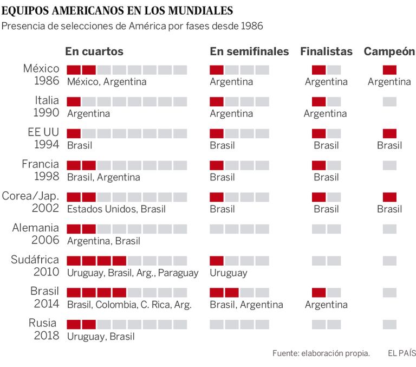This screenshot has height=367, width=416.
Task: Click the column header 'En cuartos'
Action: pos(94,51)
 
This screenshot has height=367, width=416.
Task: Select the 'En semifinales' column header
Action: pos(249,51)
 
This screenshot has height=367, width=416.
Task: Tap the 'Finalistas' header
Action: pos(326,51)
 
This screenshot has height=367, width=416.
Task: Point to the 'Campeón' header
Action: pos(389,51)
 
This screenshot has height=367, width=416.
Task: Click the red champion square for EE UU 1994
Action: pos(389,133)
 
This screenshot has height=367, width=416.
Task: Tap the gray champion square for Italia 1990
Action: pos(389,101)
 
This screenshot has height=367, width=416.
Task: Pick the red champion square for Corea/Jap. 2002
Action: pos(389,197)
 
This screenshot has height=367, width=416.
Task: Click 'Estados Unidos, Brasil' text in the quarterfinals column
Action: pos(116,209)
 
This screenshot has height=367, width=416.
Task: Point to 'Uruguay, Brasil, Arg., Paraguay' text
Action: pos(133,273)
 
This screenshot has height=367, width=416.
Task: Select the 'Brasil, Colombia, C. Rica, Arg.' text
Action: pos(129,305)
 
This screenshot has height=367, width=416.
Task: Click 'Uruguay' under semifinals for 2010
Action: pos(229,273)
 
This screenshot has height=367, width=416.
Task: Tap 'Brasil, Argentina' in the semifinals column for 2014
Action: pos(246,305)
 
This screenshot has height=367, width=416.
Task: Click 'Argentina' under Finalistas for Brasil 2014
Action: pos(326,305)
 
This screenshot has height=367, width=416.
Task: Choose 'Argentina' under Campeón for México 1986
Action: pos(389,82)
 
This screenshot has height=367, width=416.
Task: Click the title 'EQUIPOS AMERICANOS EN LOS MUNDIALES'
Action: pos(119,10)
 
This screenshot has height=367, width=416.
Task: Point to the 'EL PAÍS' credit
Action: pos(401,353)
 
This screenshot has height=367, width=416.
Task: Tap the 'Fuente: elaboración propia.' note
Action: pos(321,353)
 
